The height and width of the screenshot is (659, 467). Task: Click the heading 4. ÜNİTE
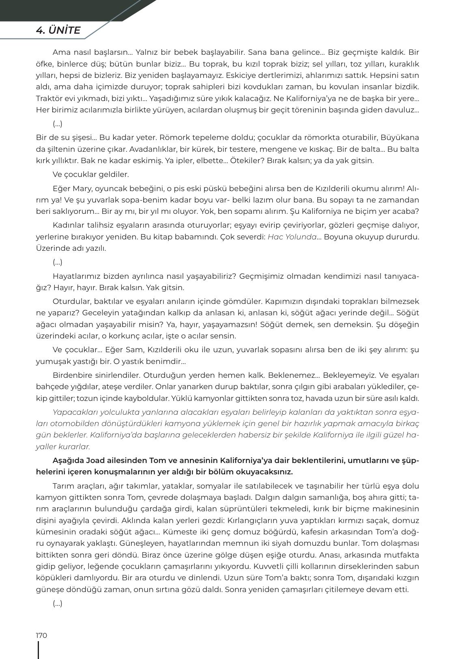point(58,30)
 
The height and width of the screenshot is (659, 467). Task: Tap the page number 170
point(41,635)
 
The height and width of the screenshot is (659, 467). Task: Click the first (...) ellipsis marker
point(57,124)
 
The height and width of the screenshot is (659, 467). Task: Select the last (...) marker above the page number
point(57,603)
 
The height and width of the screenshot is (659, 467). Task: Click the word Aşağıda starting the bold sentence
point(68,461)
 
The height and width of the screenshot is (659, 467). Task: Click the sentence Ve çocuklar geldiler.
point(90,174)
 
